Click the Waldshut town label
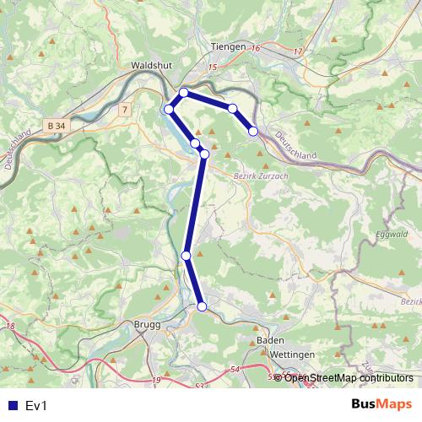tap(152, 64)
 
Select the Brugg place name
tap(147, 324)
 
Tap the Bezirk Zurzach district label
tap(259, 176)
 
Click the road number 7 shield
tap(125, 110)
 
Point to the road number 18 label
tap(10, 327)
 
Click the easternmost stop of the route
tap(252, 131)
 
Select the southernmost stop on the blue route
tap(202, 306)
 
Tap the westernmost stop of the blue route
tap(169, 109)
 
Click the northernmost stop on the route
tap(183, 92)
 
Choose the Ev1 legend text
tap(37, 405)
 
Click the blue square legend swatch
tap(13, 405)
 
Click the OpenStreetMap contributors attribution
tap(348, 377)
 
